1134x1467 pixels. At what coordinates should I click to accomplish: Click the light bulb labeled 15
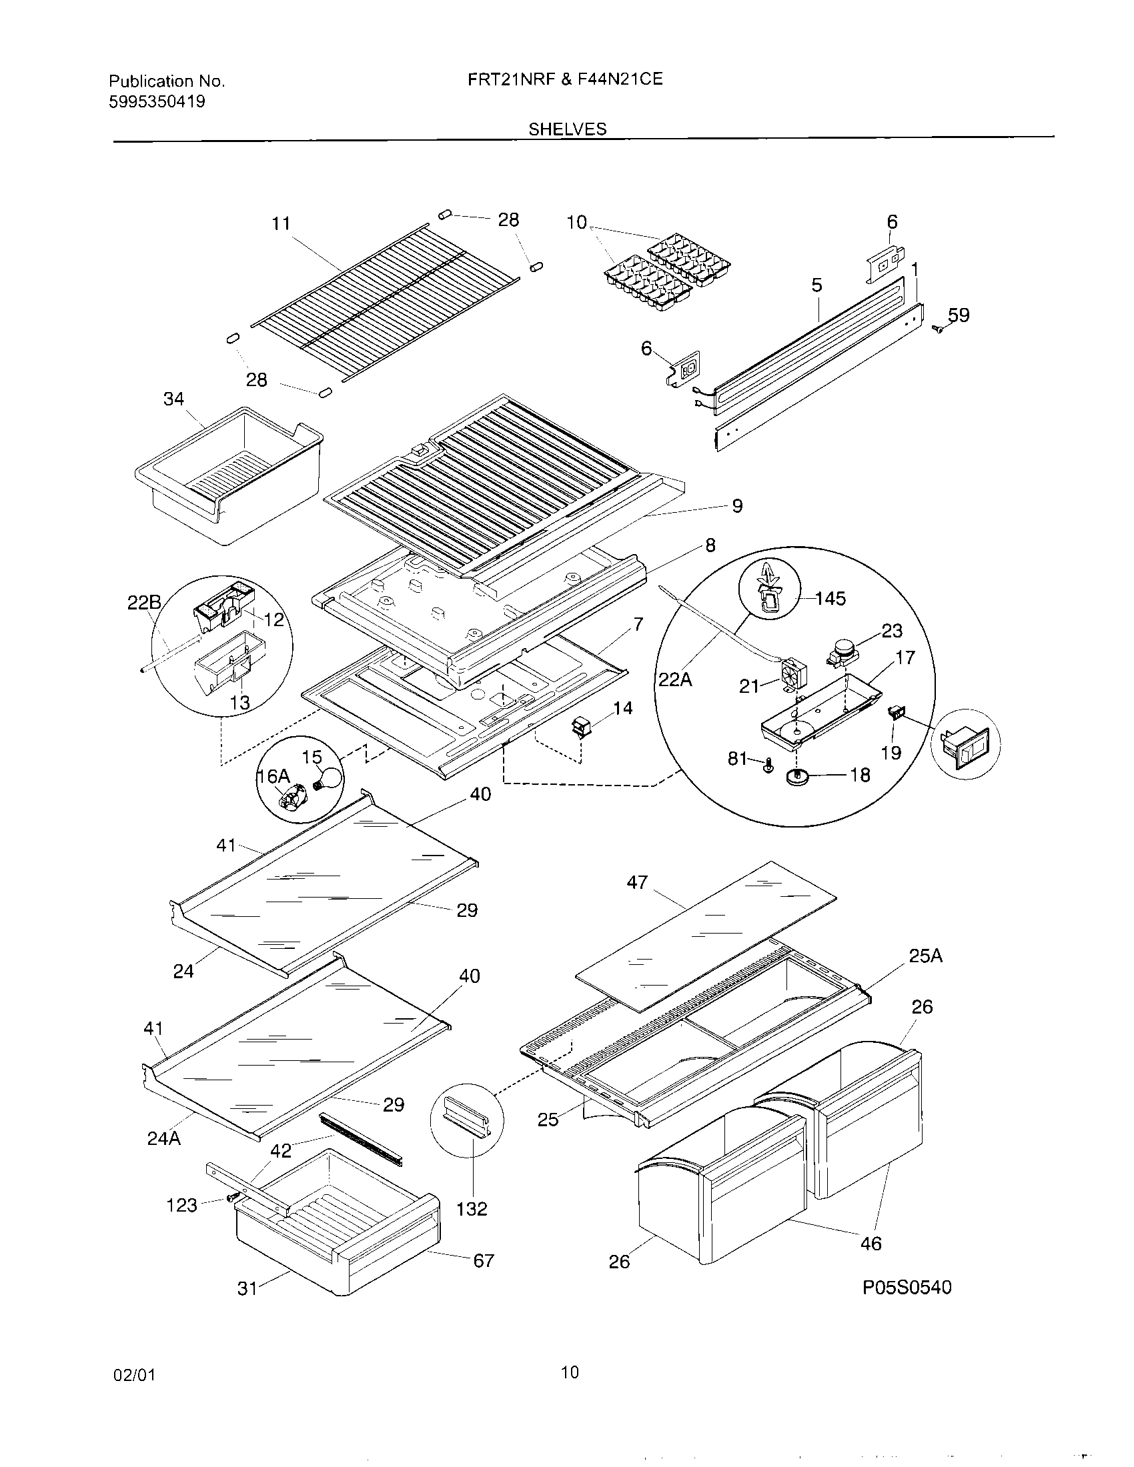pos(329,778)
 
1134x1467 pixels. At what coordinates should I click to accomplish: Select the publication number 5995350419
pos(157,102)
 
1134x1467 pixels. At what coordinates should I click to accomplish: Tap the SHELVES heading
pos(567,129)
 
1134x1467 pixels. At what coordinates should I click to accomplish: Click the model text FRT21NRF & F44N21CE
pos(565,79)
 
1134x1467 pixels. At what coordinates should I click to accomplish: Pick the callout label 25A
pos(925,956)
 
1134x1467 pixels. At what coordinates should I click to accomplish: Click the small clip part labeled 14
pos(580,727)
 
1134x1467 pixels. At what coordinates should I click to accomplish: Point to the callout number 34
pos(173,399)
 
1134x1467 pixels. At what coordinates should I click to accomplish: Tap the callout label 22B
pos(145,603)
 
